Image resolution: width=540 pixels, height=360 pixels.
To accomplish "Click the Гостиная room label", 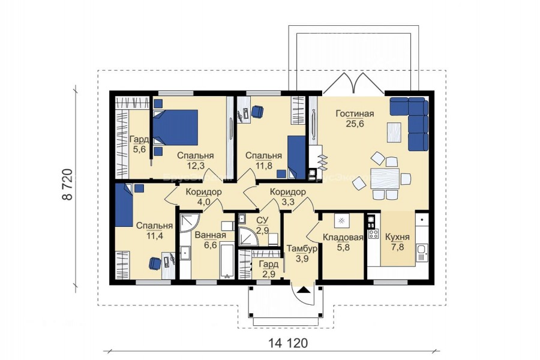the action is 355,113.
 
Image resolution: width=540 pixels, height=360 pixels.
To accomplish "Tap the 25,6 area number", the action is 355,124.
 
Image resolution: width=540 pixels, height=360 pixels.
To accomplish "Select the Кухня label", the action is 397,237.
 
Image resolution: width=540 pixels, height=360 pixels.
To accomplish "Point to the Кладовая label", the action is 343,237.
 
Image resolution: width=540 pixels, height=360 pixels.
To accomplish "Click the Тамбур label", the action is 302,248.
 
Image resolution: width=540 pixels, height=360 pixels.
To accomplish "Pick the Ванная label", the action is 211,235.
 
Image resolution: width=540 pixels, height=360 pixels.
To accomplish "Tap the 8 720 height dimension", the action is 68,184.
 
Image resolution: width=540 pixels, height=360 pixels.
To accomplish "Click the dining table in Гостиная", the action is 385,178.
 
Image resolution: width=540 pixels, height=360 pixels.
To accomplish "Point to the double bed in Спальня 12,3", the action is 176,127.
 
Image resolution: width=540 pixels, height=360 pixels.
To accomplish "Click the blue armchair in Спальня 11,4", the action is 155,263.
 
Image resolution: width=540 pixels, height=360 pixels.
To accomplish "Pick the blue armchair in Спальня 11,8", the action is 257,111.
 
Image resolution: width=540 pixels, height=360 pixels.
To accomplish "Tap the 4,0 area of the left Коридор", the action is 203,202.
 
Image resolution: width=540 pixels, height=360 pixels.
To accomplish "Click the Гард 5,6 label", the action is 139,145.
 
